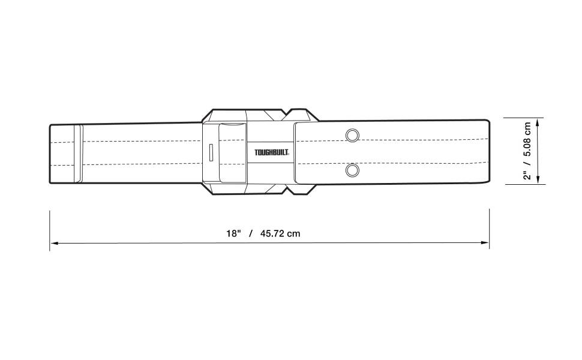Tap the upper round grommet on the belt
(x=352, y=135)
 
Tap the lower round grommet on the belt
(x=352, y=171)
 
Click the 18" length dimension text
(x=233, y=233)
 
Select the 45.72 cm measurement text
(x=280, y=233)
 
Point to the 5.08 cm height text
(x=527, y=139)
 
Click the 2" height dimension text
(x=527, y=176)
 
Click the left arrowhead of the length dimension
(x=53, y=243)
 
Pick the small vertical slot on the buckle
(x=211, y=152)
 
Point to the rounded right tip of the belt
(x=487, y=152)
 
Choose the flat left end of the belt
(x=50, y=152)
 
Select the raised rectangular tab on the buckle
(x=232, y=152)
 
